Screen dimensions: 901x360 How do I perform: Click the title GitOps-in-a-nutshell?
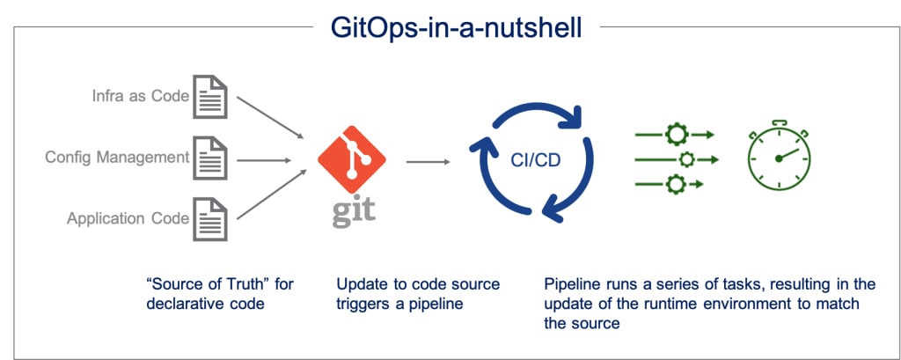click(457, 27)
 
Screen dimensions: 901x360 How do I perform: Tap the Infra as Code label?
click(141, 96)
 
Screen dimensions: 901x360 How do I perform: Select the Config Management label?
click(117, 157)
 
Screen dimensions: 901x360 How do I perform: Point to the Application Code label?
click(128, 218)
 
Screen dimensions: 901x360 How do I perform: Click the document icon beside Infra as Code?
click(210, 97)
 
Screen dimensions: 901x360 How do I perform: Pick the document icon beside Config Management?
click(210, 158)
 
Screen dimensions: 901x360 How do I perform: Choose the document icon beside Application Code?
click(210, 219)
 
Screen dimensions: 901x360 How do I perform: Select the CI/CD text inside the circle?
click(536, 161)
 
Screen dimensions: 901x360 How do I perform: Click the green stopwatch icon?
click(779, 156)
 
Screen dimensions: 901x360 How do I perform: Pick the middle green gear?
click(686, 159)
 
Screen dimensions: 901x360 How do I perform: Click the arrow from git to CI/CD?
click(429, 162)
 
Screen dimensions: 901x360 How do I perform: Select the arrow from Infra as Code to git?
click(269, 117)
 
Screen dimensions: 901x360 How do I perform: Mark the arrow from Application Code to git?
click(269, 195)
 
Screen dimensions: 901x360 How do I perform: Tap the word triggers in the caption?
click(360, 304)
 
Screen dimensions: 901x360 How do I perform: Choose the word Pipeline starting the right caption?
click(569, 284)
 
